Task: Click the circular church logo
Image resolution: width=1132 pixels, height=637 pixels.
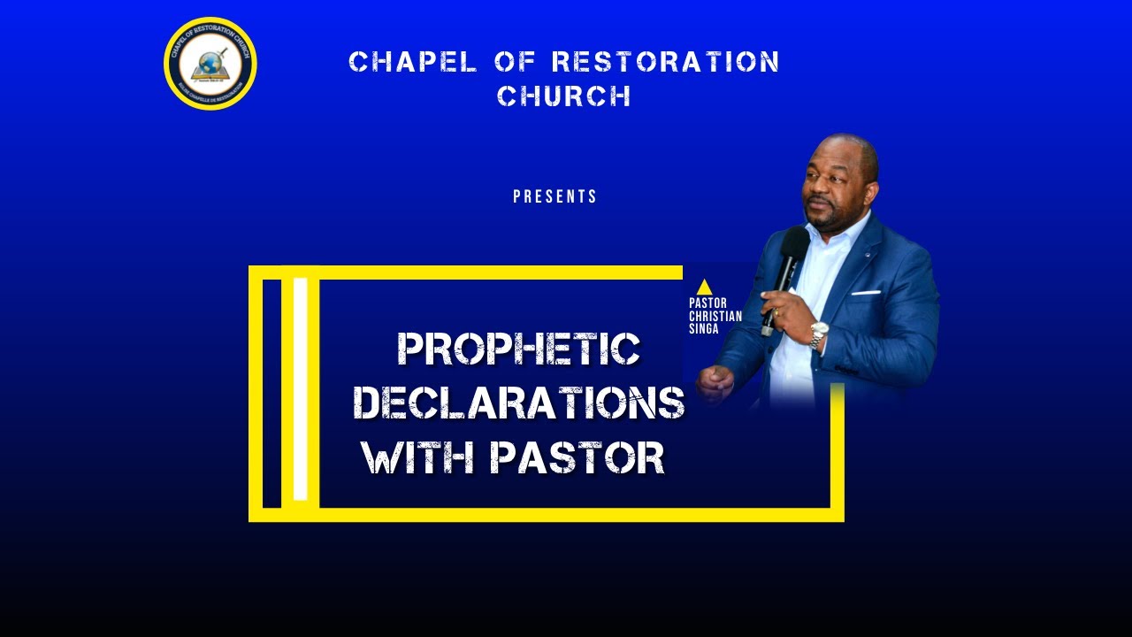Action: [x=210, y=63]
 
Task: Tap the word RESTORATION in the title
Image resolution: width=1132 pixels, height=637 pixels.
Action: [x=665, y=62]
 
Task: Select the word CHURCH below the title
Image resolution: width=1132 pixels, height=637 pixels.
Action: [x=564, y=96]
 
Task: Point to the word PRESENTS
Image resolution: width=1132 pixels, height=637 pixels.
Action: [x=555, y=196]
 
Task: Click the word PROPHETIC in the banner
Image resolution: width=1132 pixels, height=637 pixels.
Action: [x=518, y=349]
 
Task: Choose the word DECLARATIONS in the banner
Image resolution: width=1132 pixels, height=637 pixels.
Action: [x=519, y=403]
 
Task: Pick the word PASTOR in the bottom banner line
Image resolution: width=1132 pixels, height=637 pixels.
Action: [x=577, y=458]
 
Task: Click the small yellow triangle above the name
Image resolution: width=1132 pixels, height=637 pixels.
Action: [x=704, y=287]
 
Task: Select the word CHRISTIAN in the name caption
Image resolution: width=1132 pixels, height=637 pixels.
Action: [x=715, y=317]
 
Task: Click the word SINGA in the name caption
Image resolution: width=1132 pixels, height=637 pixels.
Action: [x=704, y=329]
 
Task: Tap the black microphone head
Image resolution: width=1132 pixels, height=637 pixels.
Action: [x=794, y=244]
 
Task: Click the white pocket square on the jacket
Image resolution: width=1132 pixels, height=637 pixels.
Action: [x=867, y=292]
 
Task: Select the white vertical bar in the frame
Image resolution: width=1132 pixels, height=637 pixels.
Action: [x=300, y=388]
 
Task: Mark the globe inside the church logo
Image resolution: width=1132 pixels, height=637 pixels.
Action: [x=210, y=63]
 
